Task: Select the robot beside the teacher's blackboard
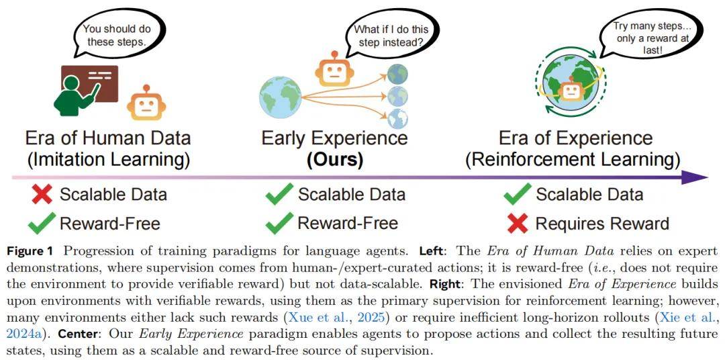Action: coord(146,103)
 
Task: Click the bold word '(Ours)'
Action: coord(334,160)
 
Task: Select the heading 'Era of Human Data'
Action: coord(108,138)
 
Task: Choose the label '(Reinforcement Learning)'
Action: coord(574,160)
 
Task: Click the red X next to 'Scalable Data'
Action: coord(42,195)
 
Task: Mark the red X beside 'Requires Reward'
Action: coord(518,223)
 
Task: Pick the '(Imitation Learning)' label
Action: coord(108,160)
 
